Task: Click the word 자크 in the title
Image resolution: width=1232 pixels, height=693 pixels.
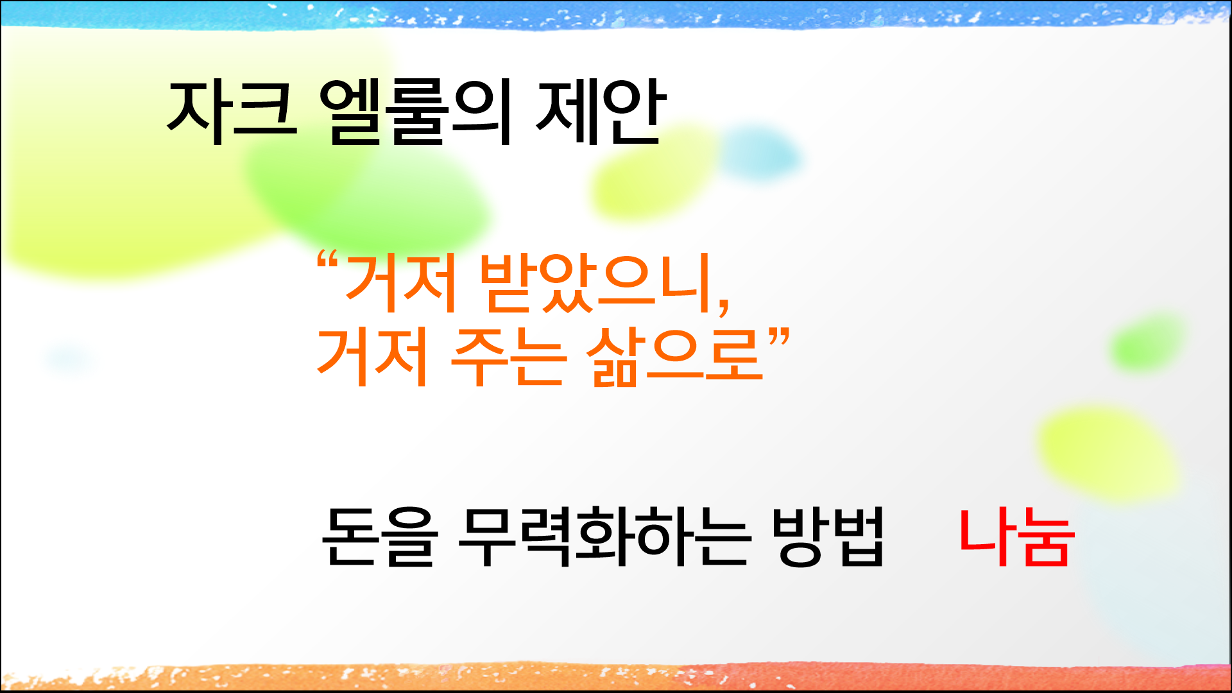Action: point(232,110)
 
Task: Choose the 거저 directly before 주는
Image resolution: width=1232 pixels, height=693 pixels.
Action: point(372,357)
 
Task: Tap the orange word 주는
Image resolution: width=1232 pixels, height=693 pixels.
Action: point(508,357)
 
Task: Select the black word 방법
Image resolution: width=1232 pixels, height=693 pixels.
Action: point(828,536)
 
